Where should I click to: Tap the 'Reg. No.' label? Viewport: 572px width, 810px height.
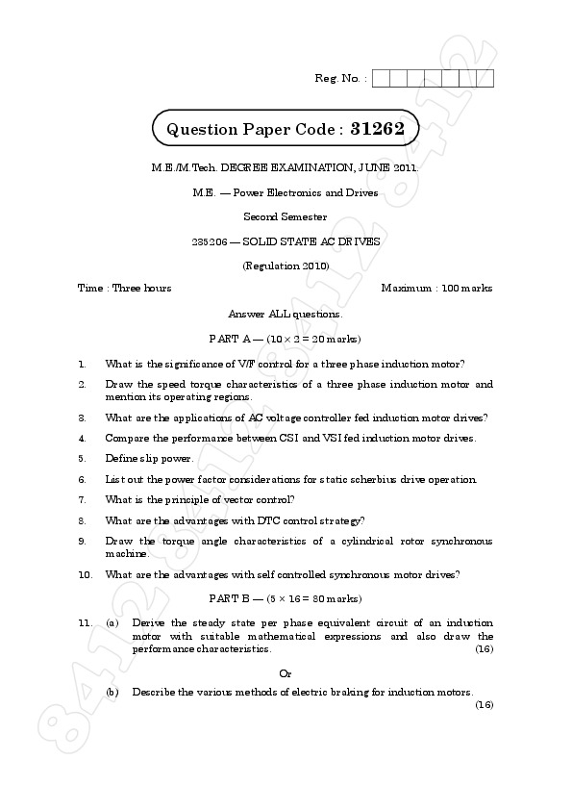[x=339, y=78]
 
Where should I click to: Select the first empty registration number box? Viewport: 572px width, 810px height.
[x=380, y=79]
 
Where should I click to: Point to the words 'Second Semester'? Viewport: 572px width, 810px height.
[x=285, y=216]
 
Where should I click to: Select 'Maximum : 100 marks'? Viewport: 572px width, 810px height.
[x=436, y=288]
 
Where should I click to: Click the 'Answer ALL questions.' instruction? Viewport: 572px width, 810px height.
[x=285, y=314]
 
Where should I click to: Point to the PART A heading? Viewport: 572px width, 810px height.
[x=285, y=339]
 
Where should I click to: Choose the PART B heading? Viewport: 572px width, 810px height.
[x=285, y=598]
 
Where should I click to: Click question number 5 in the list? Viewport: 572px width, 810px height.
[x=83, y=458]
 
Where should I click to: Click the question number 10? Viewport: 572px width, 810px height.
[x=85, y=574]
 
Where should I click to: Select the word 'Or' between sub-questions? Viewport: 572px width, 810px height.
[x=285, y=672]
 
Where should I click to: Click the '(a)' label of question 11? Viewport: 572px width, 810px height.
[x=112, y=623]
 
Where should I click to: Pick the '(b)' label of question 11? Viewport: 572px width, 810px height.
[x=112, y=692]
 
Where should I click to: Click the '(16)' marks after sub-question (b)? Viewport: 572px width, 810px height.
[x=484, y=705]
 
